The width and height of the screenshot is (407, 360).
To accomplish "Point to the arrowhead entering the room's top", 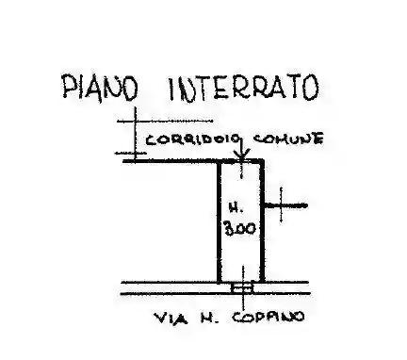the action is coord(242,155).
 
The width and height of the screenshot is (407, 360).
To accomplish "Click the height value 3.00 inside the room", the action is coord(241,227).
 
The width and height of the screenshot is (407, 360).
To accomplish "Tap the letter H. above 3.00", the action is coord(237,205).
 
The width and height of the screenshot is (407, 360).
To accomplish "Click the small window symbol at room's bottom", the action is coord(242,286).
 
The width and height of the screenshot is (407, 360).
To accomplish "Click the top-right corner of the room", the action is coord(264,161).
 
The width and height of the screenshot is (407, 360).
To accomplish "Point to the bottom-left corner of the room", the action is coord(220,282).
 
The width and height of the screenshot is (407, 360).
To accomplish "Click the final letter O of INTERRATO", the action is coord(312,87).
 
